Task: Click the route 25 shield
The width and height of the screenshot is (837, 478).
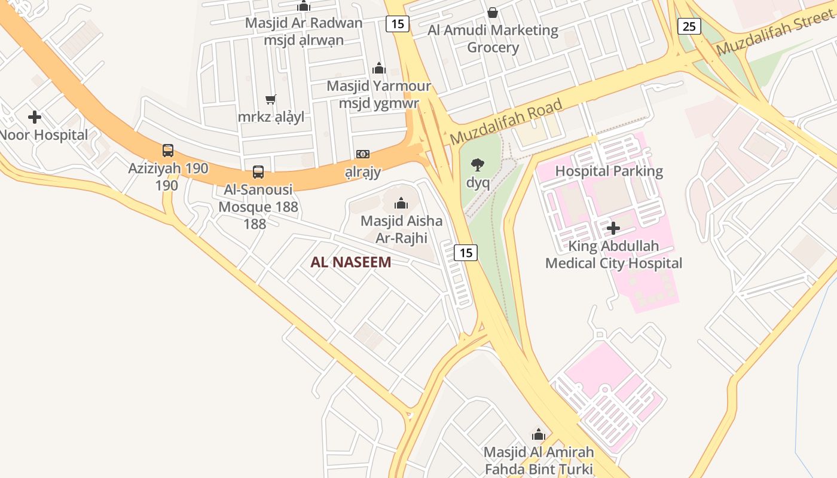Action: coord(689,26)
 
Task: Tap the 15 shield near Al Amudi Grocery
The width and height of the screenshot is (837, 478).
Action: coord(398,24)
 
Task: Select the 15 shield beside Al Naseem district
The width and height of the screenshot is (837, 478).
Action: coord(466,253)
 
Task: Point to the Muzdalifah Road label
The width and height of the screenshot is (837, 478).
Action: coord(506,122)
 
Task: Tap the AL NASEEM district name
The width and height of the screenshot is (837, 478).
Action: coord(351,262)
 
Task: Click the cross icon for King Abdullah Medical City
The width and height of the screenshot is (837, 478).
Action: coord(613,228)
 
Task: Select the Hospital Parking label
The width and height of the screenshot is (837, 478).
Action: coord(609,171)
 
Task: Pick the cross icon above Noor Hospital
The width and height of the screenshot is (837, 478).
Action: coord(35,117)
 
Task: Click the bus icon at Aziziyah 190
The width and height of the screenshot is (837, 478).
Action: coord(168,151)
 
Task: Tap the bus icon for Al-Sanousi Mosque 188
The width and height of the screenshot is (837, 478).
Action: coord(258,172)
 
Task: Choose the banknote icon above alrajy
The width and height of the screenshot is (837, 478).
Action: coord(363,154)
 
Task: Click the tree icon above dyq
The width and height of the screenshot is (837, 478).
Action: coord(478,164)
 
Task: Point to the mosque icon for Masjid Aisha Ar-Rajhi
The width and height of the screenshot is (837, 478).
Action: coord(401,203)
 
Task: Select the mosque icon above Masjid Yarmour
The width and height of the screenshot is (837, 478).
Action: coord(379,68)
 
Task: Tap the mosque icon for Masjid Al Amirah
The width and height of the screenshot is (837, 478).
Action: coord(539,434)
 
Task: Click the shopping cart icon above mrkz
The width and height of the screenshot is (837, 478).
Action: coord(271,99)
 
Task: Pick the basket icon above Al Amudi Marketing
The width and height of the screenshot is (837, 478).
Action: coord(493,12)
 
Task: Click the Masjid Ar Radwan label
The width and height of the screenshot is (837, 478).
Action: coord(304,23)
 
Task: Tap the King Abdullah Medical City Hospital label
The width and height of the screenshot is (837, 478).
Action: coord(613,255)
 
